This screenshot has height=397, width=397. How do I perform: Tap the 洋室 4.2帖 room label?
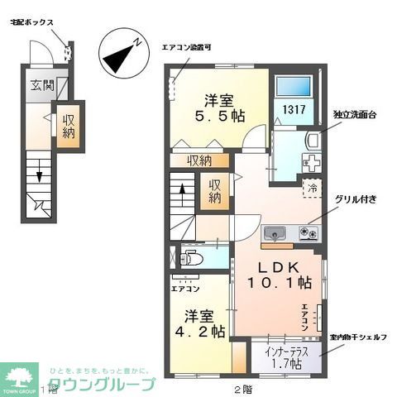point(203,323)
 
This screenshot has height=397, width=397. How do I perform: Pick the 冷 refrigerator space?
point(313,188)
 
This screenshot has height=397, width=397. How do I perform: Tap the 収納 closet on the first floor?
point(67,126)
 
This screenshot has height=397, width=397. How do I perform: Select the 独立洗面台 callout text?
point(355,115)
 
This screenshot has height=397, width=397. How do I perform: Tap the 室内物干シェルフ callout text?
point(358,338)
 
